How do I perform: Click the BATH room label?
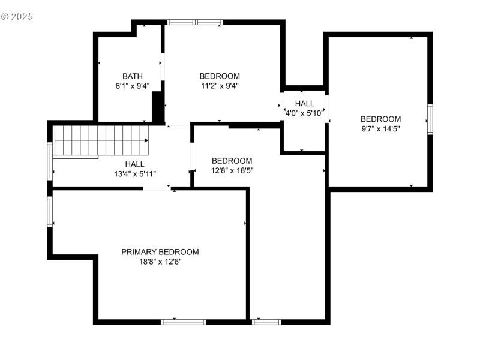click(x=133, y=76)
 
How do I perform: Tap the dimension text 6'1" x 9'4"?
click(x=133, y=86)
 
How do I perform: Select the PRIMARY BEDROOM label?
click(x=160, y=252)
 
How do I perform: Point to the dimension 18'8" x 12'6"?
click(x=160, y=262)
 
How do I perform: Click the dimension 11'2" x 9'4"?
click(x=220, y=86)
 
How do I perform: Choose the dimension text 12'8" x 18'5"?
click(x=232, y=170)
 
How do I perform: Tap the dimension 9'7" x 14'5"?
click(x=380, y=128)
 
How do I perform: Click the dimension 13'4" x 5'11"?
click(x=134, y=174)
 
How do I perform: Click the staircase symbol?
click(x=99, y=140)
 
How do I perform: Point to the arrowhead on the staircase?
click(x=146, y=140)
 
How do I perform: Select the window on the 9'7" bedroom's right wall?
click(x=430, y=119)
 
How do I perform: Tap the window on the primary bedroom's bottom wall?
click(x=184, y=322)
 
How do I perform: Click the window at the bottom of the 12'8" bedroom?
click(x=266, y=322)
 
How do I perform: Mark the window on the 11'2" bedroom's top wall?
click(x=195, y=22)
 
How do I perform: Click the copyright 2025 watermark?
click(x=17, y=16)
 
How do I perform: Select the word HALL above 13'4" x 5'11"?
click(x=134, y=164)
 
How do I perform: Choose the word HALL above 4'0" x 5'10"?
click(x=304, y=103)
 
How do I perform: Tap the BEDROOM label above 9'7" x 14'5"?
click(x=380, y=119)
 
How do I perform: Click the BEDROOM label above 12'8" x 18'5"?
click(x=232, y=161)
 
